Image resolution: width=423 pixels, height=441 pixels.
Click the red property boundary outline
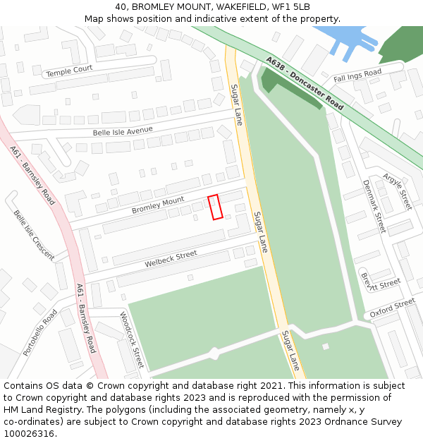pos(216,207)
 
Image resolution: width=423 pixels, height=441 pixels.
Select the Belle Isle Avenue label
pos(123,131)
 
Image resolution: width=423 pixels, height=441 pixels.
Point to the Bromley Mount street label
pos(158,206)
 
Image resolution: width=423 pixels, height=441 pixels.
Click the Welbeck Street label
pos(171,259)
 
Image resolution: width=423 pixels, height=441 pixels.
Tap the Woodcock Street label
pos(132,339)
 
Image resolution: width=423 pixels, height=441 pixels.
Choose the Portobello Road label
pos(39,332)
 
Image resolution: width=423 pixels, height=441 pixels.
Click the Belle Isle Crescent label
pos(33,235)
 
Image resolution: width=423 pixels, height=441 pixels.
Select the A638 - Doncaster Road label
pos(305,83)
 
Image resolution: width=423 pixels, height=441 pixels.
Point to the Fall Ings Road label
pos(357,75)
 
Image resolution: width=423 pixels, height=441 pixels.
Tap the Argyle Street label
pos(397,191)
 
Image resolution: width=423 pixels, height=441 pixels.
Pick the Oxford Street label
pos(393,308)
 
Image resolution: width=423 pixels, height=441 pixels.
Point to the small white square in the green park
pos(325,346)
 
